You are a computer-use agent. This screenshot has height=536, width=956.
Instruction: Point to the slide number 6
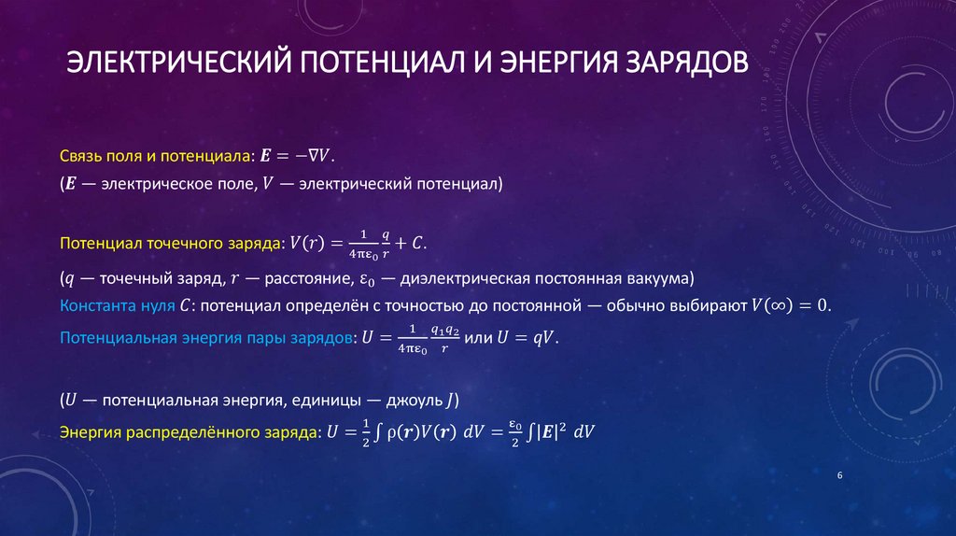tap(840, 477)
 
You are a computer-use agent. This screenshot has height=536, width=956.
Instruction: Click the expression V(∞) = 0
tap(790, 305)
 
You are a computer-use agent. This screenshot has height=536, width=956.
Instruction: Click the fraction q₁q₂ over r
tap(443, 337)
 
